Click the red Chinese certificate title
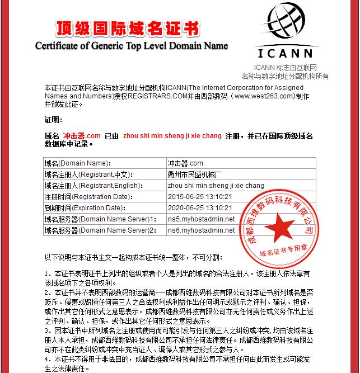click(x=127, y=29)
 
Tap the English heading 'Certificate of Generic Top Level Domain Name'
click(x=132, y=46)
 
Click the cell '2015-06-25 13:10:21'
click(x=200, y=197)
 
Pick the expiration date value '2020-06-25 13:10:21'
click(x=200, y=208)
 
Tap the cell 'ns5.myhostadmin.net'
click(x=201, y=219)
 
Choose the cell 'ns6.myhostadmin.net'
click(x=201, y=230)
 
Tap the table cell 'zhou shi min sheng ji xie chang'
click(x=216, y=186)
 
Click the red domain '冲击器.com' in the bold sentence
click(x=82, y=136)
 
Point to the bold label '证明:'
click(x=53, y=120)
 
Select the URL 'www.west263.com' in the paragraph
click(x=265, y=96)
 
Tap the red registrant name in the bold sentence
click(x=172, y=136)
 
